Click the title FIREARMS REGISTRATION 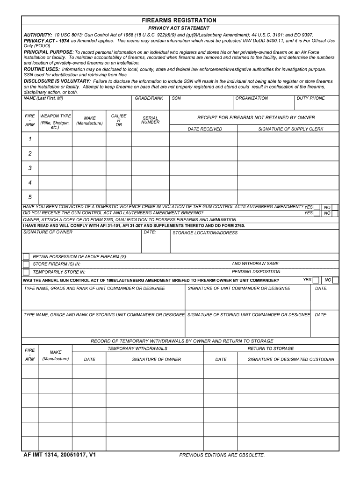point(179,21)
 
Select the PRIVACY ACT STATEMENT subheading point(179,28)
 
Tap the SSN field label point(176,99)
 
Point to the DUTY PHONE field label point(310,99)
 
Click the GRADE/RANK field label point(149,99)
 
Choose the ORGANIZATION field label point(252,99)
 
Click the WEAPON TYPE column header point(55,116)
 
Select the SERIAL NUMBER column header point(150,120)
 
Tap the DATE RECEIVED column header point(205,129)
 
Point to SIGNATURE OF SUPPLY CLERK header point(290,129)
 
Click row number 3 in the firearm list point(30,168)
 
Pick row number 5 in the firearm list point(30,197)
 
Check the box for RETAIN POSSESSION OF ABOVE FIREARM point(26,256)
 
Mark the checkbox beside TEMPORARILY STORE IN point(26,272)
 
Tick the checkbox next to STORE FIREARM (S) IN point(26,264)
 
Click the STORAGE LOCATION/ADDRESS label point(205,233)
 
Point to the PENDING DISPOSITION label point(256,272)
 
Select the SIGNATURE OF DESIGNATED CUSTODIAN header point(297,359)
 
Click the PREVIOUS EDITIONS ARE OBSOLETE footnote point(222,455)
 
